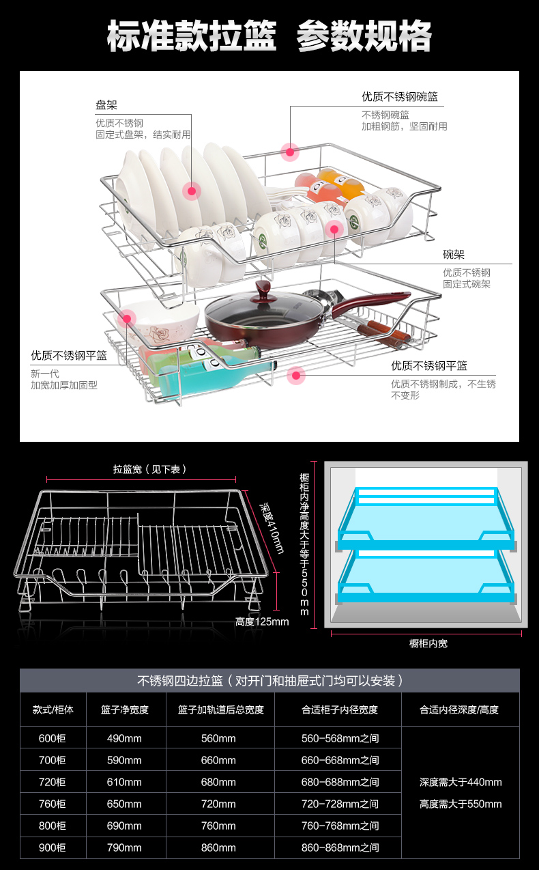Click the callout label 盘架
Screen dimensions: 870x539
[106, 105]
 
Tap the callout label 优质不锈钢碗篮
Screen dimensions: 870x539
[400, 97]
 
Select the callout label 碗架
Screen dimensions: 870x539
[454, 255]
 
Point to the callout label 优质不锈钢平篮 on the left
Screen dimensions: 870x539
[69, 355]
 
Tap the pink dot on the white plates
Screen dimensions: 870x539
[192, 191]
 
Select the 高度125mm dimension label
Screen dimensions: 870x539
[262, 621]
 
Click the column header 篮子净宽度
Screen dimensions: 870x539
[125, 710]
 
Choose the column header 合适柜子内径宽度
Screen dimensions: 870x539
[340, 710]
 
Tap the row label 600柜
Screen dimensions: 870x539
[53, 738]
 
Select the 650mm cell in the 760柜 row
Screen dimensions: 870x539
[124, 804]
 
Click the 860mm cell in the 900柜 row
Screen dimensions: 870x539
[218, 847]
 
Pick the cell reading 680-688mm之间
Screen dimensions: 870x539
[340, 782]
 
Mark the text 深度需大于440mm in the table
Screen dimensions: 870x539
[461, 782]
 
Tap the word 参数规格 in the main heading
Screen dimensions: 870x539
[364, 36]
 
